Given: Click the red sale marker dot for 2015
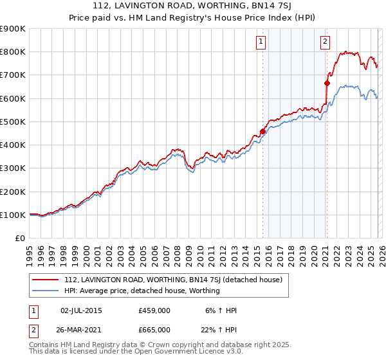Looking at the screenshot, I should coord(262,131).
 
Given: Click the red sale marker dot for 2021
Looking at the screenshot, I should coord(327,83).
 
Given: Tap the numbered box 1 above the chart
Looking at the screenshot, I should coord(261,42).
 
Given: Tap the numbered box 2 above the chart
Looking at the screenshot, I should coord(326,42).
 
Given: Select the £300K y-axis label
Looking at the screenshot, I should coord(13,168).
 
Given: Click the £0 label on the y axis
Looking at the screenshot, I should coord(19,239).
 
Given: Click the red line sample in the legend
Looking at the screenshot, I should coord(46,280).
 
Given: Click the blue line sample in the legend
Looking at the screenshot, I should coord(46,291).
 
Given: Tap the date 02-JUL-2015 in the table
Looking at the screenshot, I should coord(81,310).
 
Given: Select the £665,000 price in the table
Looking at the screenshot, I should coord(154,329).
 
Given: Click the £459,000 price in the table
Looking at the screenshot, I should coord(154,310).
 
